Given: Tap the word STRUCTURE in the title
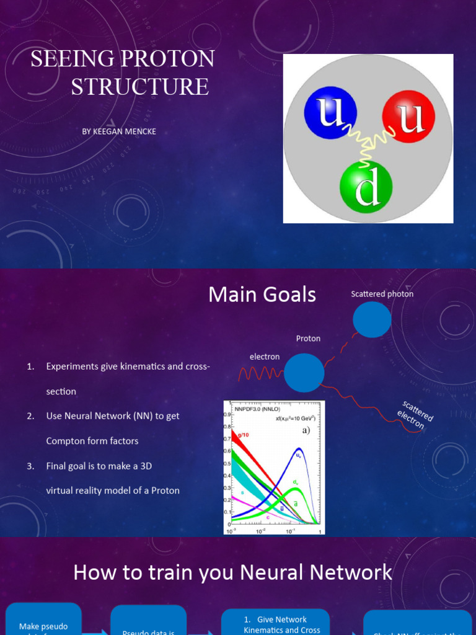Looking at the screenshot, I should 140,86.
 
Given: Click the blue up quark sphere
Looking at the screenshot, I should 330,113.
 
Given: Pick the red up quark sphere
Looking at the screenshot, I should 408,116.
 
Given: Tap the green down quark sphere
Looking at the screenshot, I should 366,186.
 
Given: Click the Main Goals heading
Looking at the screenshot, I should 262,295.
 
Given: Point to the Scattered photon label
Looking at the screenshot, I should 382,294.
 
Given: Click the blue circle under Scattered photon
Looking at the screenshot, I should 372,320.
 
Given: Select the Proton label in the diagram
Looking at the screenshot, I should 308,339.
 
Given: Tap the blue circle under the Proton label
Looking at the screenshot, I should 304,373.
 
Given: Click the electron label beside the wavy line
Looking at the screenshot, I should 265,357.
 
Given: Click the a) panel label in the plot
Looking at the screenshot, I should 306,430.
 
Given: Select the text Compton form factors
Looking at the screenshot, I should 92,441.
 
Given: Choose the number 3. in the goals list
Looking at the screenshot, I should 30,466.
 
